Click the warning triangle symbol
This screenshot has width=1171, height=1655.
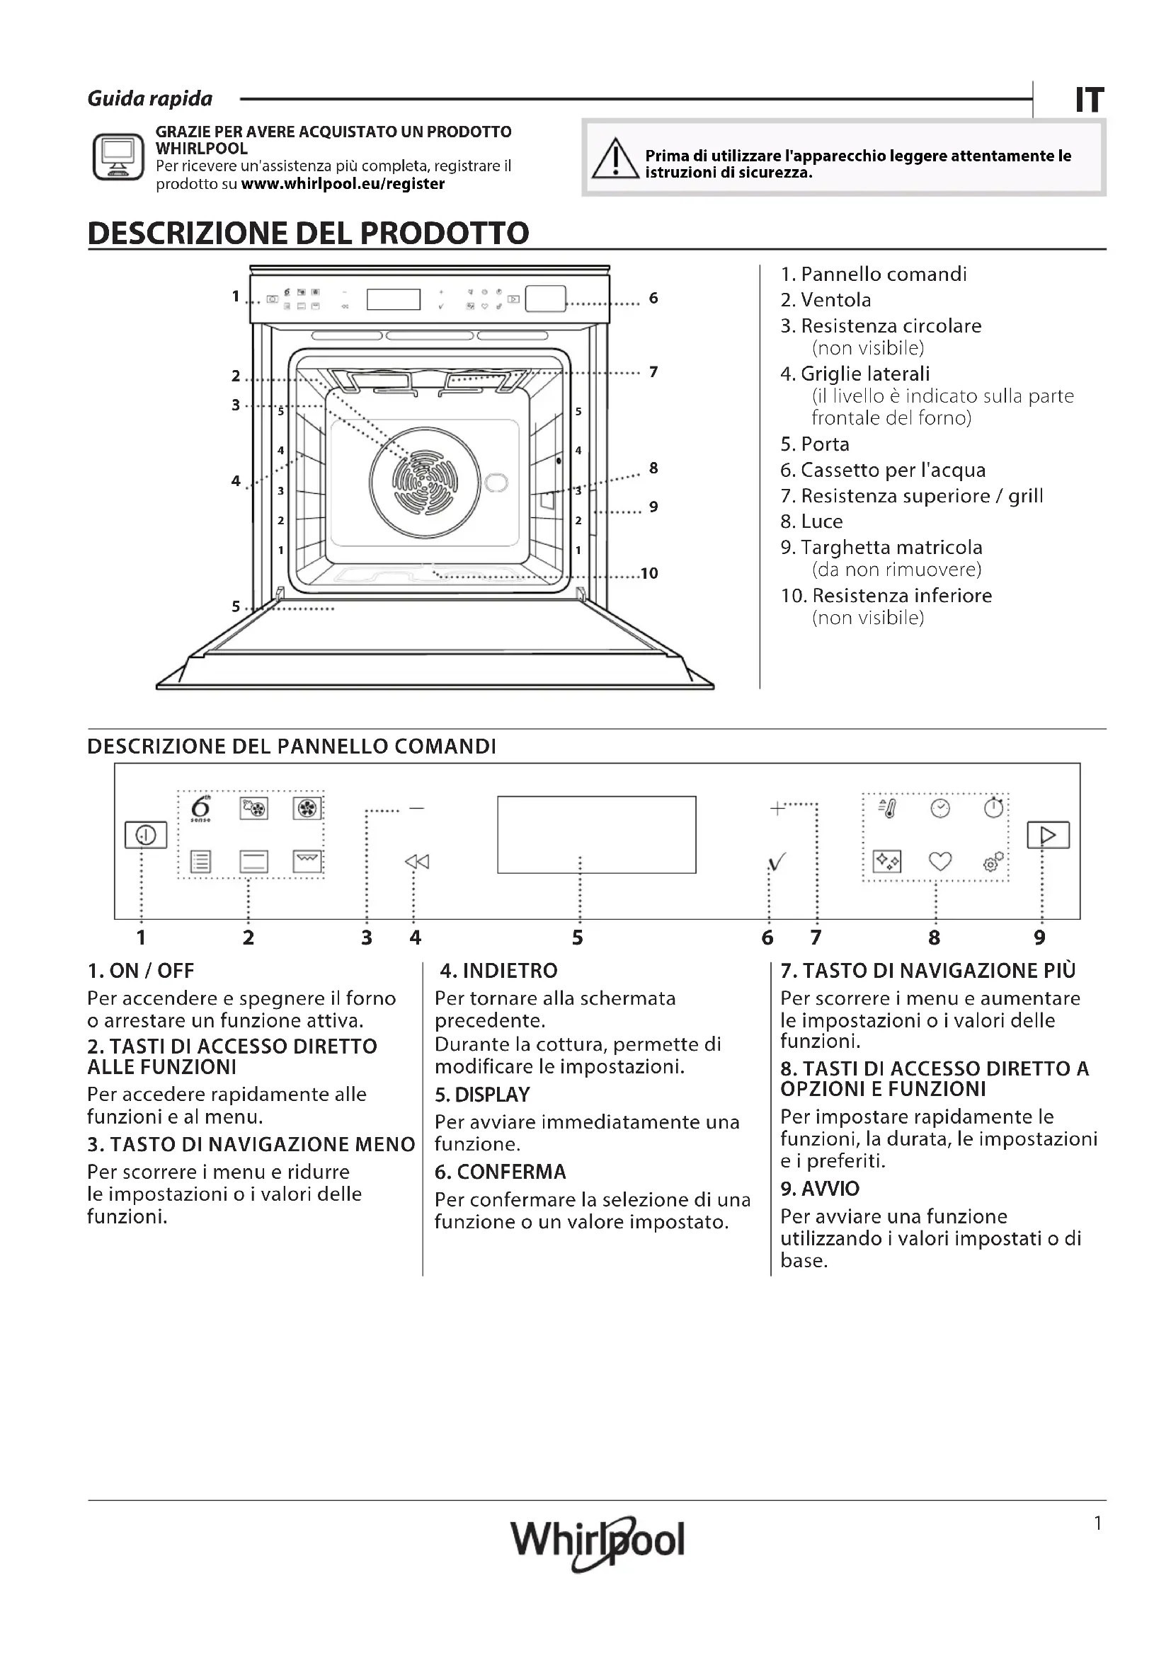[x=615, y=160]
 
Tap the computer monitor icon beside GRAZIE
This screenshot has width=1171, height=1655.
[x=118, y=156]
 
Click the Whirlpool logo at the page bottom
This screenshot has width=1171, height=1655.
[x=598, y=1541]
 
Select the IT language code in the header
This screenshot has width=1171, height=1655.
[x=1089, y=100]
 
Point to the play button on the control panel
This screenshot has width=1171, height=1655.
[x=1048, y=835]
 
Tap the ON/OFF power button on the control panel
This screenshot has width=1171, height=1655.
[x=146, y=835]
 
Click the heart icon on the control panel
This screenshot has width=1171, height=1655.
[x=939, y=860]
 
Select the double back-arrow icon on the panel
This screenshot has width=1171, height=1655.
[x=417, y=861]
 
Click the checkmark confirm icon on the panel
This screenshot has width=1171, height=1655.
[x=777, y=861]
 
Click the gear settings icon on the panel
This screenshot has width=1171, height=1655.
[x=993, y=861]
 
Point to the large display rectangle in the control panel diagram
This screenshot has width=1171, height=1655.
[x=596, y=835]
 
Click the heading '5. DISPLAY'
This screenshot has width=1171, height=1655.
[x=481, y=1094]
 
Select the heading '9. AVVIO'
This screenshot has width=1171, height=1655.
[x=820, y=1188]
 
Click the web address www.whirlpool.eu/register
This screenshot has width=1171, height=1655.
[x=343, y=184]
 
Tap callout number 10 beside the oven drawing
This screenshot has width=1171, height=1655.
[x=649, y=573]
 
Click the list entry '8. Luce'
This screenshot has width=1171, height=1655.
[x=811, y=521]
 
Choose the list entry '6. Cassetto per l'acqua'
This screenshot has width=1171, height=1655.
[x=883, y=470]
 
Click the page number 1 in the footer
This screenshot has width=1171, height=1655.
[x=1098, y=1523]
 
